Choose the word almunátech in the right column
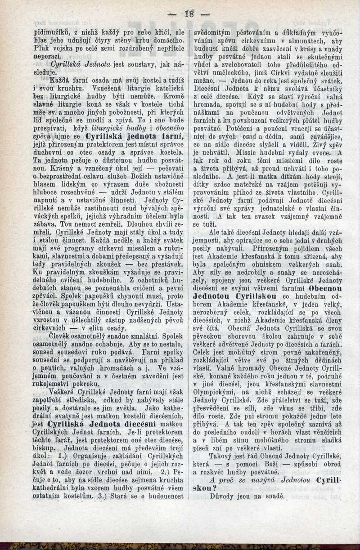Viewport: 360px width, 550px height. (303, 41)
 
